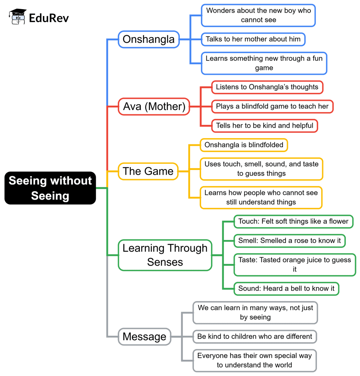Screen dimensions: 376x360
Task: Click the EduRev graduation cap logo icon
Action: point(18,17)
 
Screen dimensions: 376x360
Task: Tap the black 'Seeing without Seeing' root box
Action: point(50,188)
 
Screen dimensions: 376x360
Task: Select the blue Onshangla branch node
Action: point(149,39)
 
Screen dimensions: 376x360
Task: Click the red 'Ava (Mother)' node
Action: point(154,106)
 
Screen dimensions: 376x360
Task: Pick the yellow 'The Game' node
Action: point(148,171)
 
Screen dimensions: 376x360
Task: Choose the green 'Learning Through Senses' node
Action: point(165,255)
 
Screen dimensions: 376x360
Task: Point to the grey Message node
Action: point(144,337)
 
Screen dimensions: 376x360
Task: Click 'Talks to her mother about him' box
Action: point(253,39)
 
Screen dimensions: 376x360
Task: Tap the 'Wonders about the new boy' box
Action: point(258,15)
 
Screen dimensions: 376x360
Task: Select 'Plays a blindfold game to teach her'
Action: point(272,106)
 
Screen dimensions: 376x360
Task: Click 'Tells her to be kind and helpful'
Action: point(264,126)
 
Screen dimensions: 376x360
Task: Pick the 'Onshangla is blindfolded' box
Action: point(244,145)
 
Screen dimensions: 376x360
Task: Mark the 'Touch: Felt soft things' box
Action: point(293,222)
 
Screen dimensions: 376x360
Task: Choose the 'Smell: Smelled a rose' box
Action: point(289,241)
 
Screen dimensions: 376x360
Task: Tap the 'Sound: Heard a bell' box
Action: point(286,288)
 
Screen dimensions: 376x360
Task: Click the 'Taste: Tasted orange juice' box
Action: point(295,265)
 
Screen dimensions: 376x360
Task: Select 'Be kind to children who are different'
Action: point(255,337)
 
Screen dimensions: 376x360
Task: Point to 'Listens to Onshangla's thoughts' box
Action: point(267,87)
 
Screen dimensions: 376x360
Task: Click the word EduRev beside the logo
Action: point(49,18)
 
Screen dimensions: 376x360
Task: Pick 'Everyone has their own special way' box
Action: point(255,360)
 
